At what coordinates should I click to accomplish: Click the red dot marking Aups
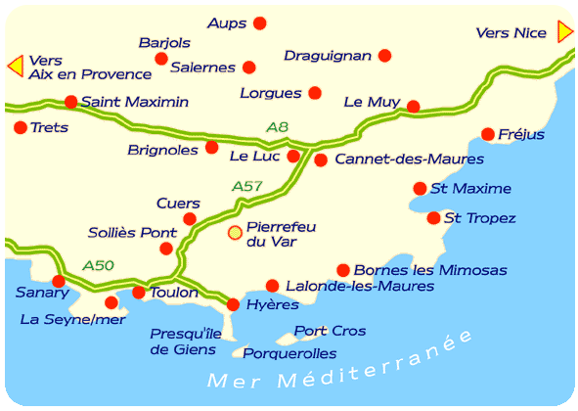[259, 23]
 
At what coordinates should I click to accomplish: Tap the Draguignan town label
[328, 56]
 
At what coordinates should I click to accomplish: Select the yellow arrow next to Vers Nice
[564, 32]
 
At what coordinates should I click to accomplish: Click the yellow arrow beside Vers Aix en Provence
[15, 67]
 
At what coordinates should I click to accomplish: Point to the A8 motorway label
[278, 126]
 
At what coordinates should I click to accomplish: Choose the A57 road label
[247, 186]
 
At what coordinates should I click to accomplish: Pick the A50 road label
[98, 264]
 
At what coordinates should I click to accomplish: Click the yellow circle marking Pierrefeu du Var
[235, 233]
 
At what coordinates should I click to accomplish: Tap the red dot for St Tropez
[433, 218]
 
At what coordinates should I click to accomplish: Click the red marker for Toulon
[138, 293]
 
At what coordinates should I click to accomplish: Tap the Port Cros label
[330, 331]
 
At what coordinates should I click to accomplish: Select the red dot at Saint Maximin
[70, 102]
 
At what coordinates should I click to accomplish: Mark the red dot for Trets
[20, 127]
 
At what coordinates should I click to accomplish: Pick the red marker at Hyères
[233, 305]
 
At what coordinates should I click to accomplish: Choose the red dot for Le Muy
[413, 107]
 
